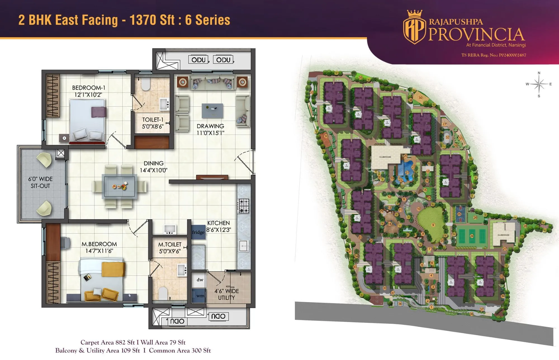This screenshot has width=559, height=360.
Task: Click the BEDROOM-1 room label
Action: tap(88, 88)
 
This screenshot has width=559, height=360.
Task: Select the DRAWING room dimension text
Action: tap(210, 133)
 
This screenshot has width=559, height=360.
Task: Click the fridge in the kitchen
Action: tap(198, 232)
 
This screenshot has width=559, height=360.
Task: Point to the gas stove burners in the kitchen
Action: tap(244, 206)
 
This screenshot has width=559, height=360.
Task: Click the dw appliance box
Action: tap(200, 280)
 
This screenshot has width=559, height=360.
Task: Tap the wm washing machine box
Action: tap(200, 296)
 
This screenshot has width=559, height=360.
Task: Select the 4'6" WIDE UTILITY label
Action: tap(226, 294)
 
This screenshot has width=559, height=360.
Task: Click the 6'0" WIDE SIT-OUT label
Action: tap(40, 182)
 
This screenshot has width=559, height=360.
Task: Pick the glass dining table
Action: tap(120, 186)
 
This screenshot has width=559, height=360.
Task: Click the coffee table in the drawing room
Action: tap(212, 110)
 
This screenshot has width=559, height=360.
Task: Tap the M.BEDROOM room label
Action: tap(99, 244)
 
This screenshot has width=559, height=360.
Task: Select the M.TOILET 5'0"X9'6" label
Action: tap(170, 248)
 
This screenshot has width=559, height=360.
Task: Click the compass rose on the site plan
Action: tap(539, 84)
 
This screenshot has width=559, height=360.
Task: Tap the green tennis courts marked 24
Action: tap(472, 236)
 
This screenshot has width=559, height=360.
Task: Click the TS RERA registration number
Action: tap(494, 55)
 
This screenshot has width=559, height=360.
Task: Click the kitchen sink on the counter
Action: tap(244, 246)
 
